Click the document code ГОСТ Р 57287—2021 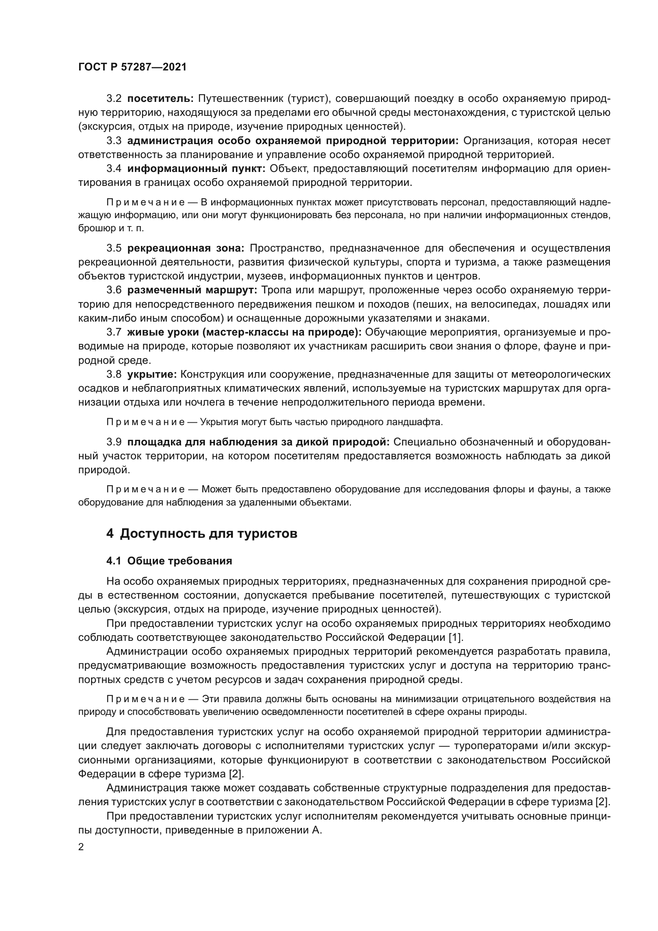click(x=132, y=67)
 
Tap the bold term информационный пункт click(x=196, y=169)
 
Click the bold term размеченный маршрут click(x=192, y=290)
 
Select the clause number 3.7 click(x=114, y=332)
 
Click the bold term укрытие click(x=152, y=374)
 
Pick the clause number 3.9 click(x=114, y=442)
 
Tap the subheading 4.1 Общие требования click(x=169, y=561)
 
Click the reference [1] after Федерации click(x=455, y=637)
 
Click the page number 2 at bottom click(x=81, y=847)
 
